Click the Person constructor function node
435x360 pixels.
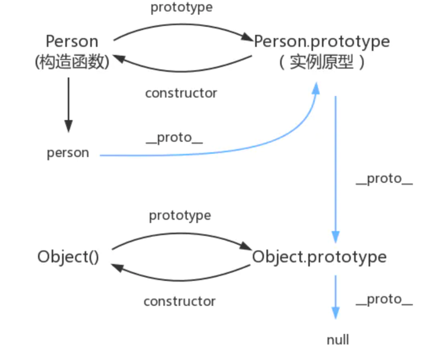pyautogui.click(x=72, y=42)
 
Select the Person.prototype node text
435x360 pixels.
pyautogui.click(x=322, y=42)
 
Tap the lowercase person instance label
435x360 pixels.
pyautogui.click(x=68, y=153)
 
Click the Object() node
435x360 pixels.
pyautogui.click(x=68, y=257)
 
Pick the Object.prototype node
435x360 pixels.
pyautogui.click(x=319, y=257)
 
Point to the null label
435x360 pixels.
pyautogui.click(x=338, y=340)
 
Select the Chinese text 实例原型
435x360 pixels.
pyautogui.click(x=322, y=62)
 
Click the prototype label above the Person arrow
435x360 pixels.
pyautogui.click(x=181, y=7)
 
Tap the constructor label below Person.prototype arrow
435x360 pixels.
pyautogui.click(x=181, y=93)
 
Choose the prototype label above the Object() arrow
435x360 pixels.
pyautogui.click(x=180, y=215)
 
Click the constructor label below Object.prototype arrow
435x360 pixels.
pyautogui.click(x=180, y=301)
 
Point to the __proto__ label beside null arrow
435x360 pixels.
pyautogui.click(x=384, y=299)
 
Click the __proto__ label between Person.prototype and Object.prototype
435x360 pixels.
pyautogui.click(x=384, y=179)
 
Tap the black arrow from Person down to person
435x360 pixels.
pyautogui.click(x=68, y=104)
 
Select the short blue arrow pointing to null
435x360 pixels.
pyautogui.click(x=335, y=296)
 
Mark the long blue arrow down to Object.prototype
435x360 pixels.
pyautogui.click(x=335, y=167)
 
